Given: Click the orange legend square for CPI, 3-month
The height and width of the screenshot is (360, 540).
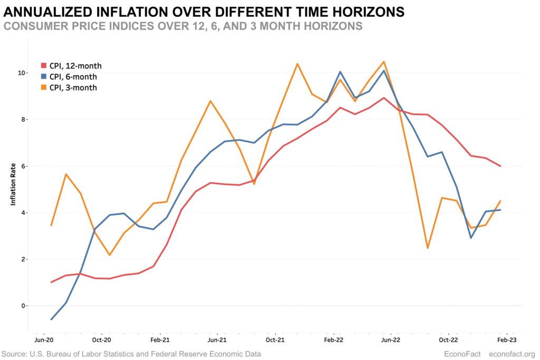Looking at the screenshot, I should [44, 87].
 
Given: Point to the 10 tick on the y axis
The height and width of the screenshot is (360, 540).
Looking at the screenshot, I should [22, 73].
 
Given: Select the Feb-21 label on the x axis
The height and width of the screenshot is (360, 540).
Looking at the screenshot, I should [159, 340].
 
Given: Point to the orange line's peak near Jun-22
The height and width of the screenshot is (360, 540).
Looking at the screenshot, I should [384, 62].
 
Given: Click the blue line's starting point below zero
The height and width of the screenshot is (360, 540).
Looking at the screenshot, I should [51, 319].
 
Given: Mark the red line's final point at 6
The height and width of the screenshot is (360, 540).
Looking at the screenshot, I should [500, 166].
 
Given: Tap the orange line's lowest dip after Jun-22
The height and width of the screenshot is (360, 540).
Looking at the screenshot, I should [428, 248].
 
